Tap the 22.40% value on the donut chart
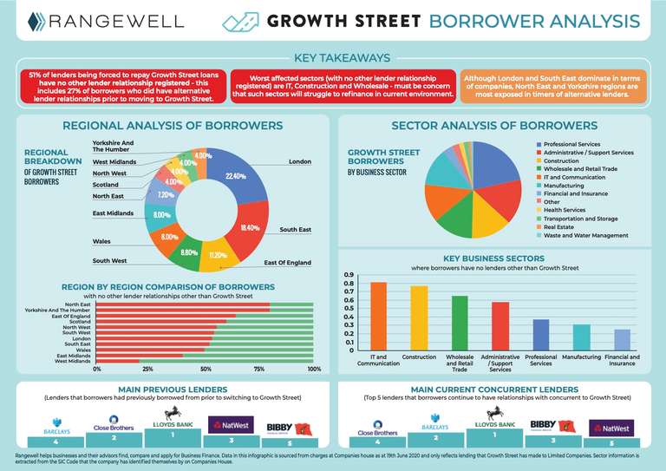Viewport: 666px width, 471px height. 235,176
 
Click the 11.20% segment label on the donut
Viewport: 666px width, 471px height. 219,256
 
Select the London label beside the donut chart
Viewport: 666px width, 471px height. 299,161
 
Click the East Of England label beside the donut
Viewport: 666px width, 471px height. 287,262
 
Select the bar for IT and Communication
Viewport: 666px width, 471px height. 378,317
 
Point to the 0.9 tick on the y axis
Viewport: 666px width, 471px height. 348,275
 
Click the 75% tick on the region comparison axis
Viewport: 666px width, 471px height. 259,369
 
